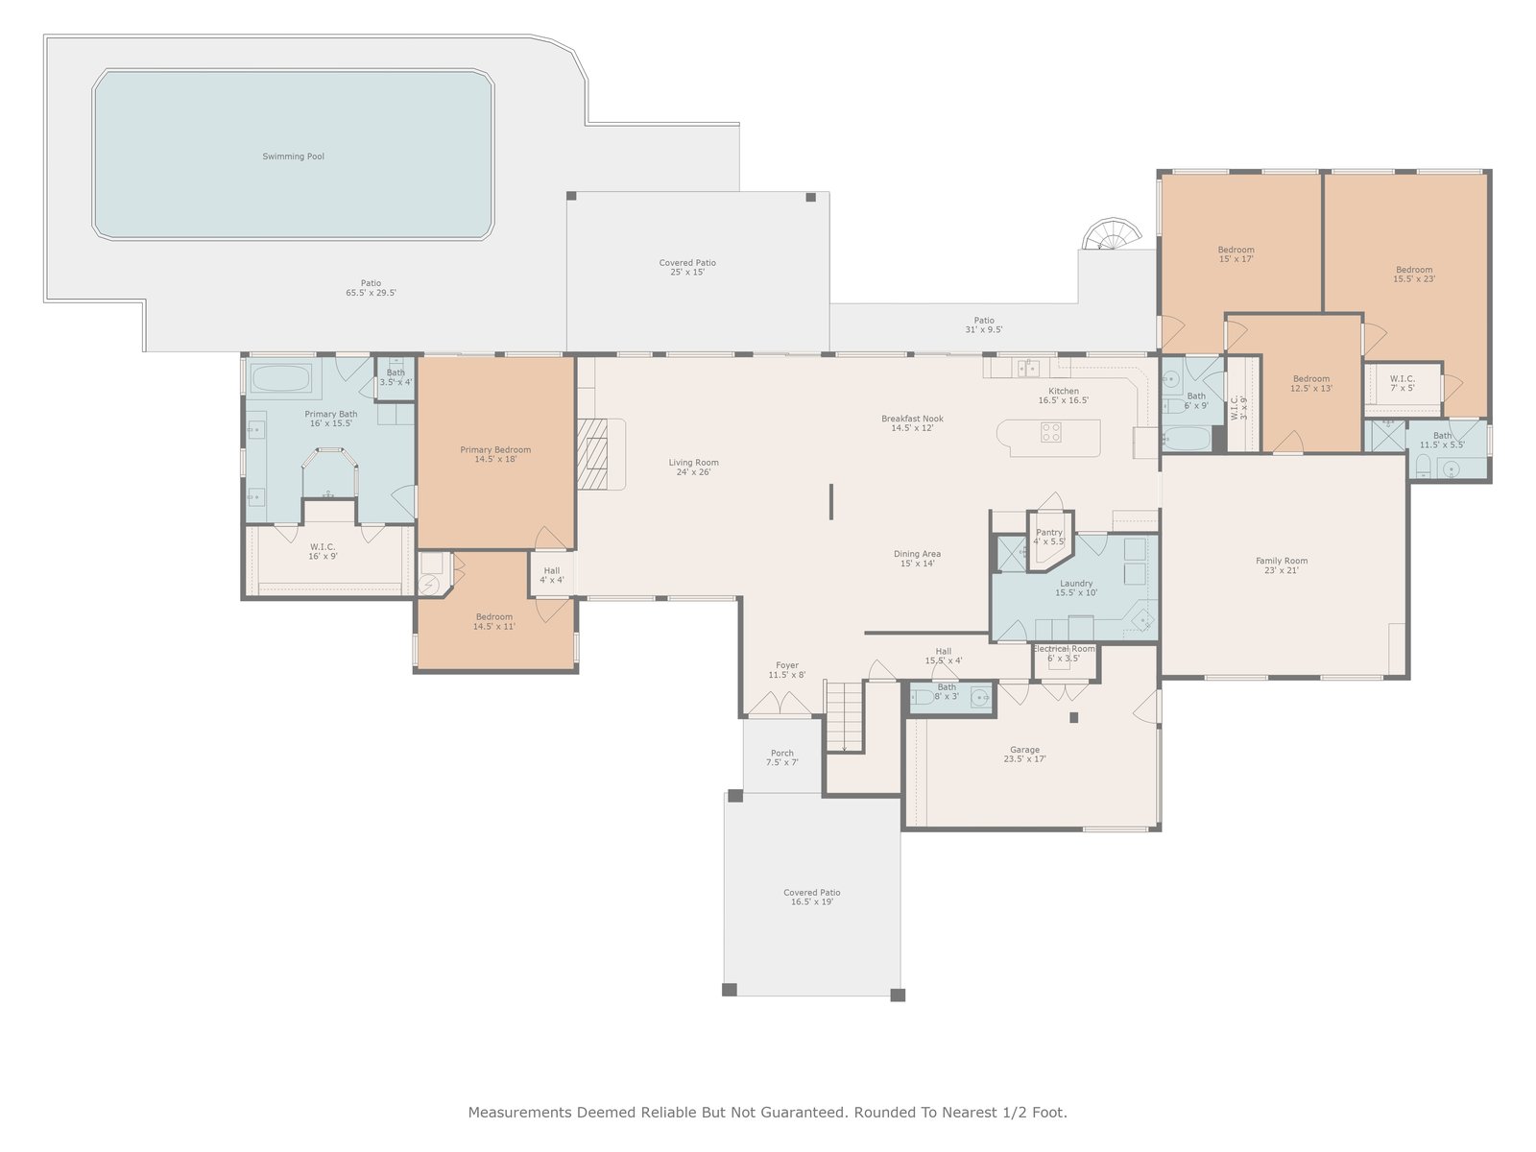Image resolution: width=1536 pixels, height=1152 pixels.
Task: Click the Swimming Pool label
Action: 293,156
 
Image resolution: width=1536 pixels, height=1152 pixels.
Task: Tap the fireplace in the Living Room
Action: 593,453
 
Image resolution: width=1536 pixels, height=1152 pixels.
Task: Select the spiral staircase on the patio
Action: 1112,233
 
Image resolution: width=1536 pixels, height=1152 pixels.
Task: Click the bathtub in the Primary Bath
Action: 281,378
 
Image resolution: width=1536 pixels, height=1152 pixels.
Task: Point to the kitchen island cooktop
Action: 1050,432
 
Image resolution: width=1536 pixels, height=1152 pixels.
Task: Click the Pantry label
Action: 1049,532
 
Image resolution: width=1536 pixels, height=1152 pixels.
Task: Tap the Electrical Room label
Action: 1064,648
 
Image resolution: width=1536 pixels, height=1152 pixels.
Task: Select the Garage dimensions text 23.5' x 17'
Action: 1024,758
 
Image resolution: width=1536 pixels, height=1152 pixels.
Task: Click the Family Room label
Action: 1282,561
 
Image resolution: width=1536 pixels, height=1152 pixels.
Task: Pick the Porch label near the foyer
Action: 781,754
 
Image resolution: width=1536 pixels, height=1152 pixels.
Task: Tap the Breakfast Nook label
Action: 913,419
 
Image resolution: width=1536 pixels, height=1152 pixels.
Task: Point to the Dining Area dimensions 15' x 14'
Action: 918,564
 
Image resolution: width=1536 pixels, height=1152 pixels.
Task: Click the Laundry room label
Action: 1076,584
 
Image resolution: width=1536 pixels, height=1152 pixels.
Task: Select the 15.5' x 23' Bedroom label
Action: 1414,275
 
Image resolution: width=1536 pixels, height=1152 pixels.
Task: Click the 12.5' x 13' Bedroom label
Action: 1311,383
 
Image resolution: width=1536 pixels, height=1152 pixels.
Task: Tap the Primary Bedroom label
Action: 495,449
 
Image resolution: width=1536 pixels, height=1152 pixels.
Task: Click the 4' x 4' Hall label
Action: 551,575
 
